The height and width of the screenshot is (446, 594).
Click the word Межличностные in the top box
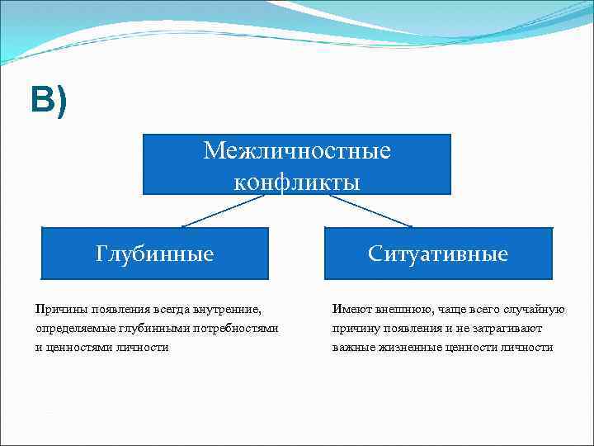click(297, 151)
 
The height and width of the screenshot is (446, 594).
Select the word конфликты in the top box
click(297, 181)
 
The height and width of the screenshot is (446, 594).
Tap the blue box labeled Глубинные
click(154, 254)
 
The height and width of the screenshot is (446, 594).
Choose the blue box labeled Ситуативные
click(438, 254)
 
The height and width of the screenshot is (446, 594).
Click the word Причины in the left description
click(60, 310)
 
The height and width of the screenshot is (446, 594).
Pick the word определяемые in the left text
click(74, 329)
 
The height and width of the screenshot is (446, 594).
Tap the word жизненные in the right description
click(410, 348)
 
